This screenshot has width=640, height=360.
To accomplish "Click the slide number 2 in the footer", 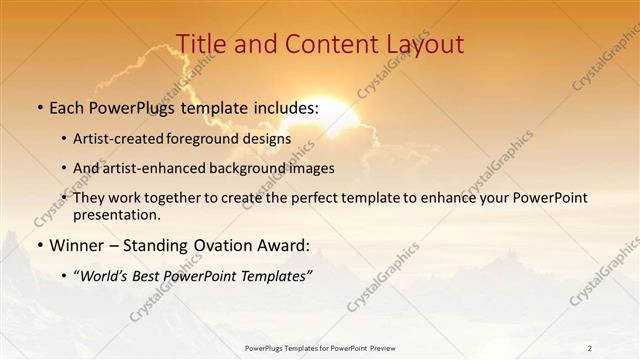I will pyautogui.click(x=590, y=348).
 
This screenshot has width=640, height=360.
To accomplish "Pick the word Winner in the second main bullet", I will pyautogui.click(x=75, y=245).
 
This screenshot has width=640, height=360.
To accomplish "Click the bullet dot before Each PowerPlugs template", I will pyautogui.click(x=39, y=108).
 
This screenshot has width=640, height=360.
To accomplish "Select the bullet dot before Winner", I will pyautogui.click(x=39, y=245).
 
